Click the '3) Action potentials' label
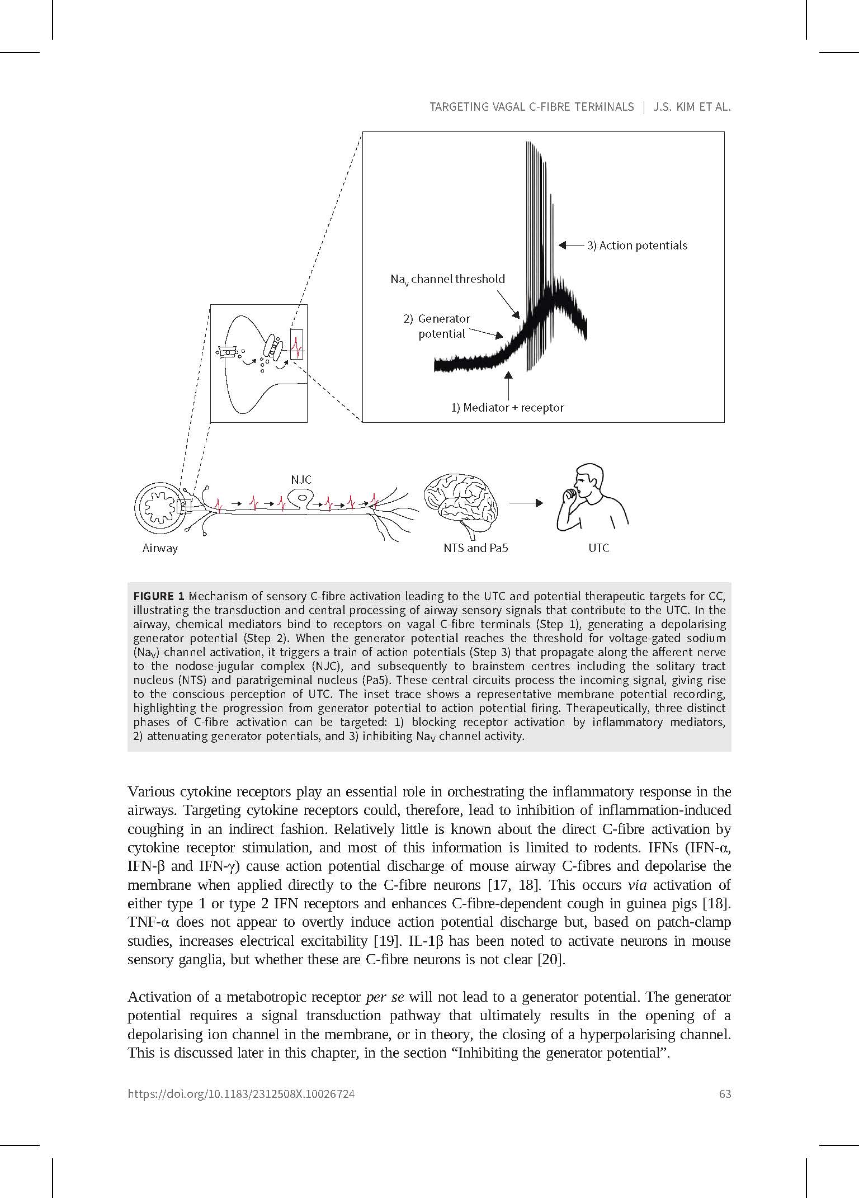coord(637,246)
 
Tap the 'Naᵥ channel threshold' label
coord(447,279)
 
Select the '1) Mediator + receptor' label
coord(507,408)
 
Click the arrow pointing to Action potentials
coord(570,245)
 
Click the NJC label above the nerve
coord(301,479)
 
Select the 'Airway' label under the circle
coord(160,548)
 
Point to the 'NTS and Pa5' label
coord(475,548)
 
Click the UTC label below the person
coord(598,548)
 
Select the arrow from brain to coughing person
coord(526,503)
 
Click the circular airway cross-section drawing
coord(161,507)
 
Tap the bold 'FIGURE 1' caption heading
coord(159,596)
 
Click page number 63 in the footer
coord(725,1094)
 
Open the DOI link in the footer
coord(241,1094)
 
